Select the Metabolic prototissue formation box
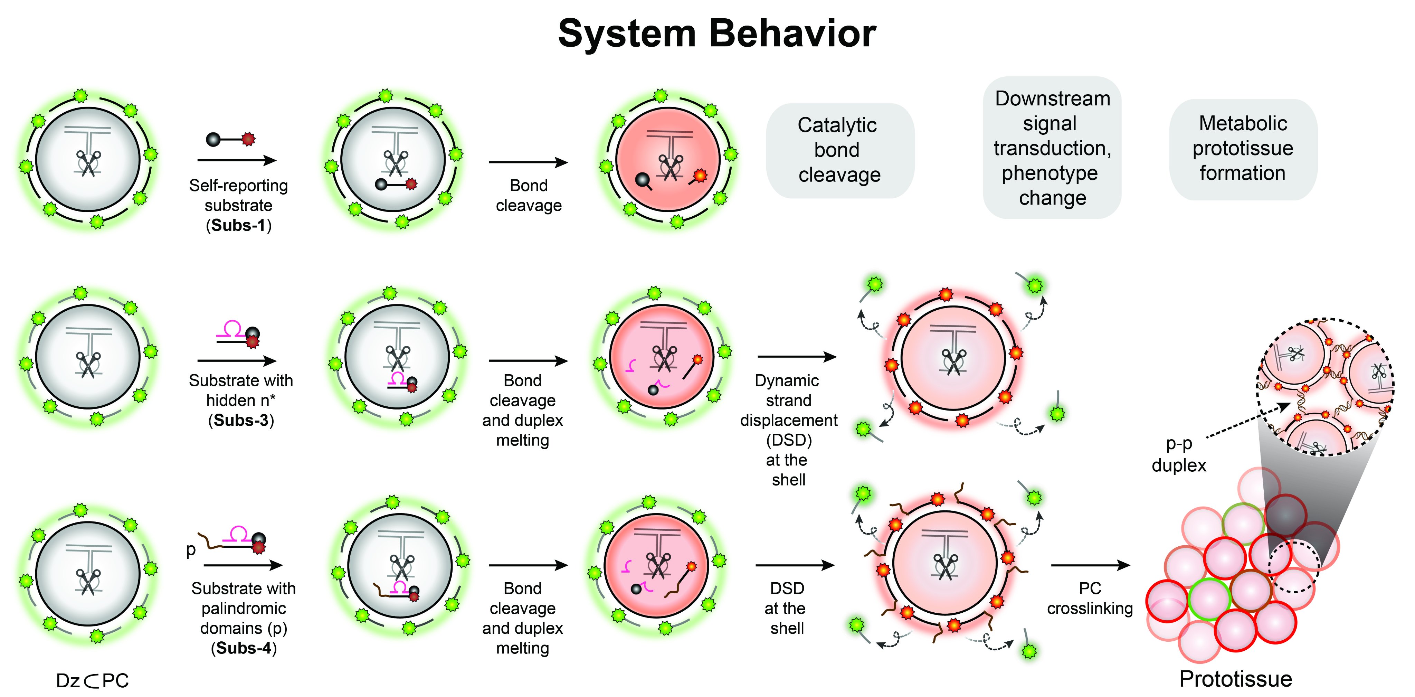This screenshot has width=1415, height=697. click(x=1243, y=148)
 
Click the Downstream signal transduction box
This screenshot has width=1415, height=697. click(x=1051, y=148)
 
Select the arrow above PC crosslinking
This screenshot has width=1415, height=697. click(x=1090, y=565)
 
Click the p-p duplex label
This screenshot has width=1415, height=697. click(x=1178, y=455)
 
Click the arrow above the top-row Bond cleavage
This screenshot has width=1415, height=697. click(x=528, y=162)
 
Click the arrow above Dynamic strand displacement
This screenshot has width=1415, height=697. click(x=797, y=357)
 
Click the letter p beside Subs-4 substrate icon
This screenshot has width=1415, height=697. click(x=191, y=549)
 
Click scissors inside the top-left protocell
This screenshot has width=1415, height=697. click(x=88, y=162)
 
